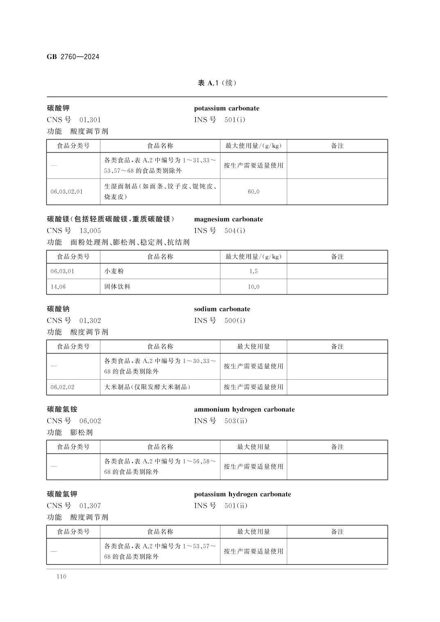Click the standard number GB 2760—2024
pos(73,57)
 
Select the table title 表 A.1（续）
pos(217,83)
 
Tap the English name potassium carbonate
pos(227,108)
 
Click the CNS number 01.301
pos(90,120)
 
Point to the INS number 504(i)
pos(235,231)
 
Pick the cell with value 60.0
pos(253,192)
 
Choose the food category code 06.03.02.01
pos(67,192)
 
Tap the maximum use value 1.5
pos(253,271)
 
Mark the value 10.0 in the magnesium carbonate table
pos(253,287)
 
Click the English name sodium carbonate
pos(222,309)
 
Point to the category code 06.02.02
pos(63,387)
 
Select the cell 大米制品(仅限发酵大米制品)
pos(147,387)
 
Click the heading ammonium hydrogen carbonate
pos(244,410)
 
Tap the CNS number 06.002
pos(90,421)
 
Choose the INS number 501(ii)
pos(236,506)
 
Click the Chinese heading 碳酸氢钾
pos(62,494)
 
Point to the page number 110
pos(61,577)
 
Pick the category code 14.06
pos(58,287)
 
